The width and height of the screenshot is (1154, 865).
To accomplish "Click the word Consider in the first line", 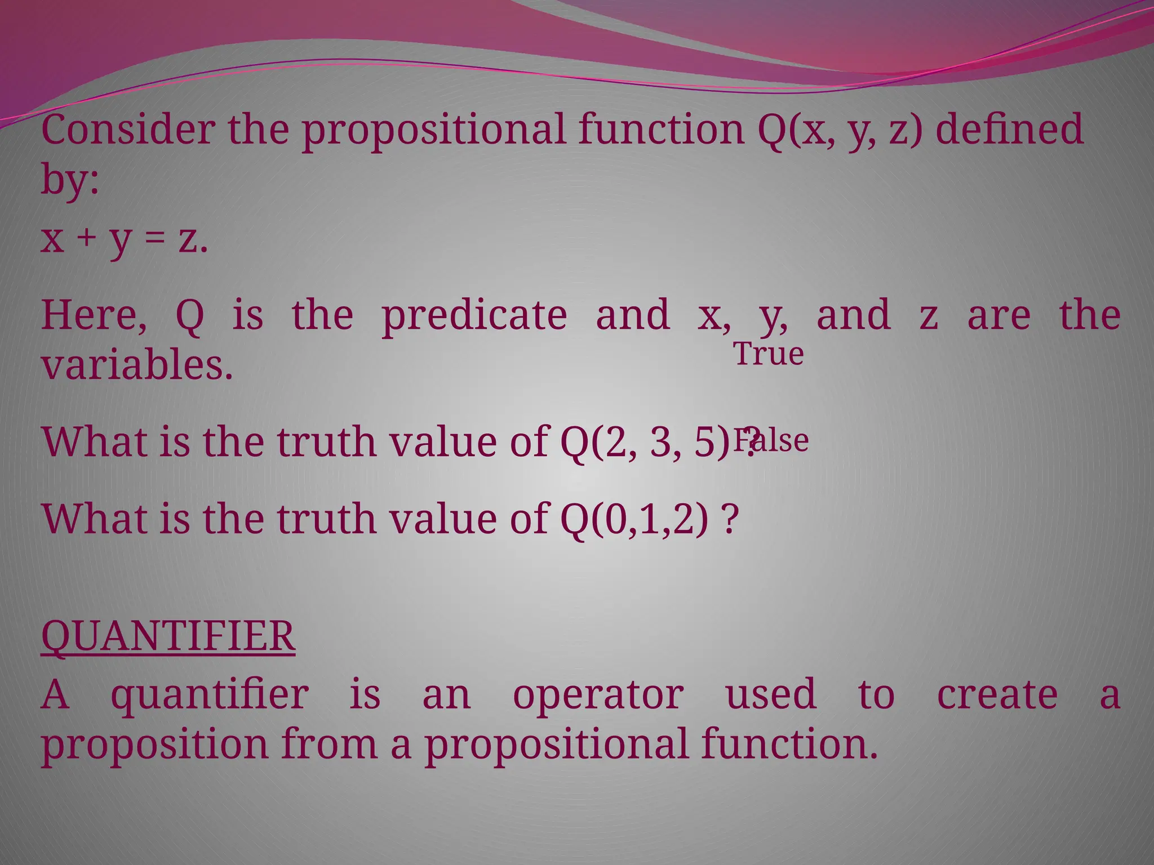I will tap(127, 130).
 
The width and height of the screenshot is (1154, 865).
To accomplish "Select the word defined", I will tap(1009, 130).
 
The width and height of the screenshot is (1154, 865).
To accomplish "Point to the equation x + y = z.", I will tap(125, 239).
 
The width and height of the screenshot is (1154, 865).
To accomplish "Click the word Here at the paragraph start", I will tap(93, 315).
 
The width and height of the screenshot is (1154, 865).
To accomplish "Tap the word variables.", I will tap(137, 364).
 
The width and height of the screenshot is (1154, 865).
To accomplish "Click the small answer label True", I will tap(768, 354).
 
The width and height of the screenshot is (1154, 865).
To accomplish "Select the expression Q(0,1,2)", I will tap(634, 519).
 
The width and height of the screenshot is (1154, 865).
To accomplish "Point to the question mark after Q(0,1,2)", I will tap(730, 519).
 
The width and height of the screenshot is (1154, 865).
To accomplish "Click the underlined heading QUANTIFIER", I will tap(168, 636).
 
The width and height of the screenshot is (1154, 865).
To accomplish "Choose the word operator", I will tap(598, 695).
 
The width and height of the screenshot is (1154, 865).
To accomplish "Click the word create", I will tap(997, 694).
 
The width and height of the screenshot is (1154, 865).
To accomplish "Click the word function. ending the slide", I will tap(789, 743).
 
